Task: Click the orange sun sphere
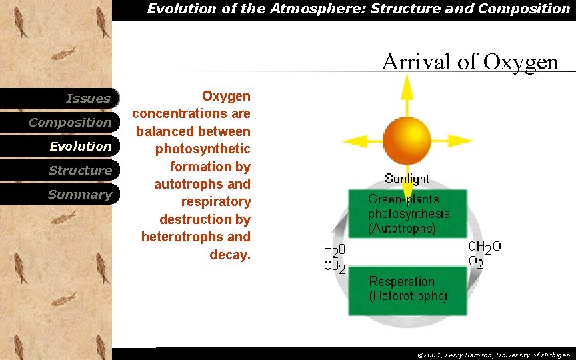coord(407,140)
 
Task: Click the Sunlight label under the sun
coord(407,179)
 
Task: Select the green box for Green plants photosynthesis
coord(407,213)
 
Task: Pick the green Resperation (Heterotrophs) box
coord(407,290)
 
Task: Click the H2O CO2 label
coord(334,259)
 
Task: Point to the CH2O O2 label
coord(484,255)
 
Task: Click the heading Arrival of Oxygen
coord(469,62)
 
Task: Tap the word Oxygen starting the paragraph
coord(226,97)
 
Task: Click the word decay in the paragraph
coord(229,254)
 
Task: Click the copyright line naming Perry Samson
coord(493,355)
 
